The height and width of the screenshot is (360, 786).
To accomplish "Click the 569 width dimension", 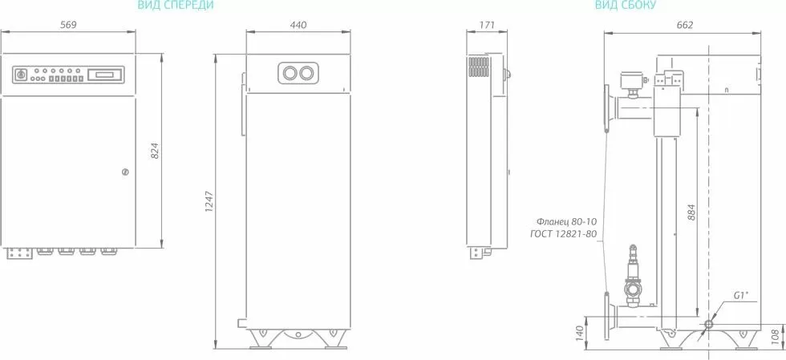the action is [x=68, y=25].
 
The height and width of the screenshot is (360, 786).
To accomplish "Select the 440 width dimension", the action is [x=298, y=25].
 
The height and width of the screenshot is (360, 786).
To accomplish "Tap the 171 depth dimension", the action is [x=487, y=25].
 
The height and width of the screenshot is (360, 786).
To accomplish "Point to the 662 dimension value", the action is [x=684, y=25].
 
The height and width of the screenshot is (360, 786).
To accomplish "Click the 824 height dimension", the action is [x=155, y=152].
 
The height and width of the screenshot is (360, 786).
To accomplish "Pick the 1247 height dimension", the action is [x=209, y=201].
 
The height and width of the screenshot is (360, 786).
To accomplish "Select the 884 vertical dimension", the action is [x=691, y=213].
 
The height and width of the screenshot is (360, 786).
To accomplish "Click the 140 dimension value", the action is [x=579, y=334].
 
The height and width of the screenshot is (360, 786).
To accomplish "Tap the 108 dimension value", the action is [x=776, y=337].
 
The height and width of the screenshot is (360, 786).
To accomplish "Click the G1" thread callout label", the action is [x=741, y=295].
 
